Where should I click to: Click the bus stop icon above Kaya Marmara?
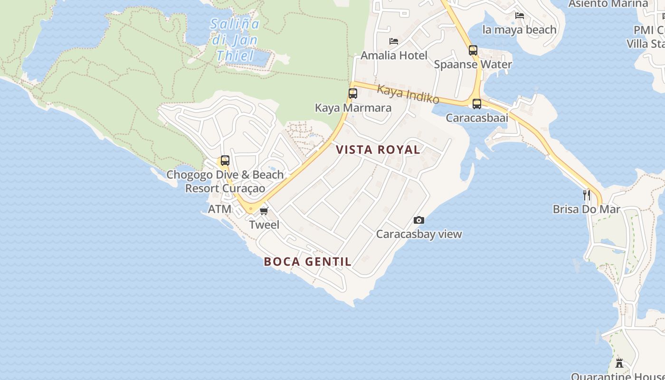click(x=352, y=93)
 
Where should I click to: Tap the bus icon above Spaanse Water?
click(x=473, y=50)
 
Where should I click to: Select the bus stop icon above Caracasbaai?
click(x=476, y=104)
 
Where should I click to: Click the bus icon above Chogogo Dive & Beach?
click(x=225, y=161)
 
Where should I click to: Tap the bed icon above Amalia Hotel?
click(x=393, y=41)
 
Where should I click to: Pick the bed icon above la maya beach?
click(x=519, y=16)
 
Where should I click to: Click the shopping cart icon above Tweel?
click(x=264, y=211)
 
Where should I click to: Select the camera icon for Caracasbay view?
click(x=418, y=220)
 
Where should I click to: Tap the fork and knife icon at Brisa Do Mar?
click(x=587, y=195)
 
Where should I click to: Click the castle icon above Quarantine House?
click(x=619, y=363)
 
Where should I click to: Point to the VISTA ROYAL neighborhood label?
click(x=378, y=150)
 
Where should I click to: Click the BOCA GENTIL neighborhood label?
click(x=308, y=261)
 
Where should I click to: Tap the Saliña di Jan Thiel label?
click(x=235, y=40)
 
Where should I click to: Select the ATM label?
click(x=220, y=209)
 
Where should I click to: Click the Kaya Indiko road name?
click(x=408, y=94)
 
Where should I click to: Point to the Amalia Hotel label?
click(x=394, y=55)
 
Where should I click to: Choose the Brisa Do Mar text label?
click(x=586, y=209)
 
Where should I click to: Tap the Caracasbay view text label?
click(x=419, y=234)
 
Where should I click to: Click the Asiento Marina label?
click(x=608, y=4)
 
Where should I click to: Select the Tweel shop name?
click(x=264, y=225)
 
